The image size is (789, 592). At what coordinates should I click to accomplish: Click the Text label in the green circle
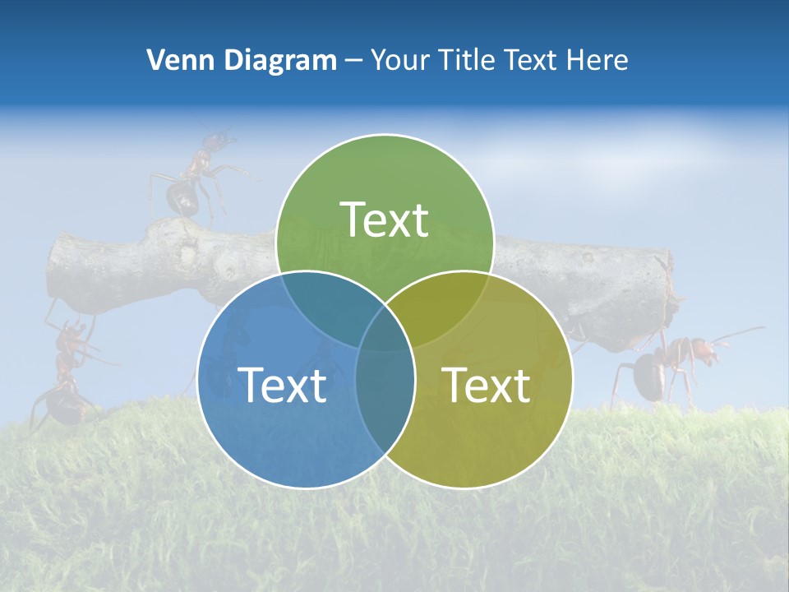[x=385, y=220]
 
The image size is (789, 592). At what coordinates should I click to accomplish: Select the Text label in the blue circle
[x=282, y=385]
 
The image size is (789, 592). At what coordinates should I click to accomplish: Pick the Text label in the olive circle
[x=487, y=385]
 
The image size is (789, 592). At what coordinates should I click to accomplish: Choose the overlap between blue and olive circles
[x=385, y=386]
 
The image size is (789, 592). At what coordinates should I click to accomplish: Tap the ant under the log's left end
[x=66, y=370]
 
